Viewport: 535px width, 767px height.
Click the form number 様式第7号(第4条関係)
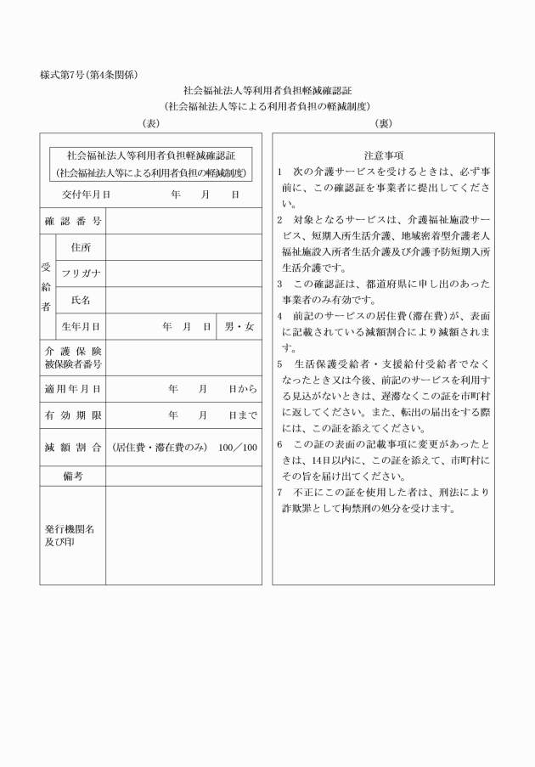(x=89, y=75)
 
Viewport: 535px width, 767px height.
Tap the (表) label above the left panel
(x=150, y=123)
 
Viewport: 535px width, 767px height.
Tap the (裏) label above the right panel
(x=383, y=123)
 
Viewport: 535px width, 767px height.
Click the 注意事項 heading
(x=383, y=155)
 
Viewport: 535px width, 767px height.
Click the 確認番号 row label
(x=73, y=221)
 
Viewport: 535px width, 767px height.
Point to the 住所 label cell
(x=81, y=247)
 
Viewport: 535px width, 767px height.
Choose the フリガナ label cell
(x=81, y=274)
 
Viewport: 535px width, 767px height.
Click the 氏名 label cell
(x=81, y=300)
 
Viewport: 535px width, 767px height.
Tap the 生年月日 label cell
(x=81, y=326)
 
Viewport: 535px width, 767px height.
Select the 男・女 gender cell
(x=239, y=326)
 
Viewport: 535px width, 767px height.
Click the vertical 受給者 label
(x=48, y=286)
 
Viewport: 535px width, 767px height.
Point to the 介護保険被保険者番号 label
(x=73, y=358)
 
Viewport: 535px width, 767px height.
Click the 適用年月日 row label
(x=73, y=389)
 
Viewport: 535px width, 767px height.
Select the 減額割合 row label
(x=73, y=447)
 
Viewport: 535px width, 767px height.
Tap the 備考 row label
(x=73, y=476)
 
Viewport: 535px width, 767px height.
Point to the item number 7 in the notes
(x=280, y=493)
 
